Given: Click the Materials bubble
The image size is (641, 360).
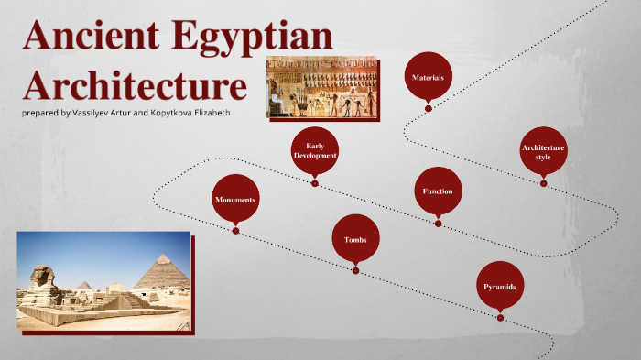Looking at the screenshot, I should (x=428, y=78).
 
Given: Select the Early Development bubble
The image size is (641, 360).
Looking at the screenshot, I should (x=315, y=150).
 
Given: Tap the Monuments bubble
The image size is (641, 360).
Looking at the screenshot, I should (x=235, y=199).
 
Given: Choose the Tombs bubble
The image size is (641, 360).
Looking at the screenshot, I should (x=355, y=239).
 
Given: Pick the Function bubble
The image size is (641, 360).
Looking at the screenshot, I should (x=438, y=191).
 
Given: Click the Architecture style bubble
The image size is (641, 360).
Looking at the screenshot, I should (x=543, y=151).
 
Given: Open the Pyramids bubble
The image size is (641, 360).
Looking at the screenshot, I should (x=500, y=287).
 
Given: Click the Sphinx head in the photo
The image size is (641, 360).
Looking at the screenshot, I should (x=41, y=276).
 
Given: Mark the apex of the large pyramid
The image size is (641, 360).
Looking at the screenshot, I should (x=163, y=256).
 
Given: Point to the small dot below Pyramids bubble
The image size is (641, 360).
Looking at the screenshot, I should (x=500, y=318).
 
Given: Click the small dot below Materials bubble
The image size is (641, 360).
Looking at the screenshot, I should (x=428, y=108).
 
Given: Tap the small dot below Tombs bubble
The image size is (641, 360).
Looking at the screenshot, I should (x=355, y=269).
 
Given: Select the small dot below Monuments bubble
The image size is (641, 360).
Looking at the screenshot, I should (x=235, y=231).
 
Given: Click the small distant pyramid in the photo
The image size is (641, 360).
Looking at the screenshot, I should (x=83, y=286).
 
